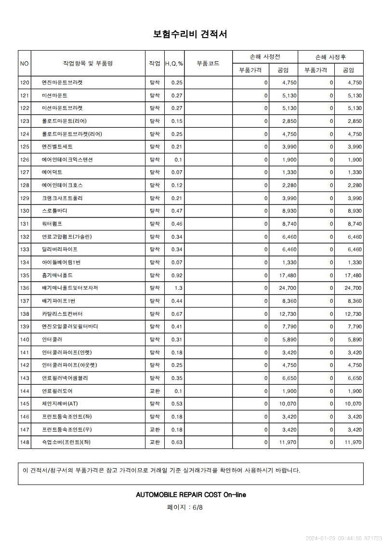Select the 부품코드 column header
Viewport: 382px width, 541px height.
coord(208,63)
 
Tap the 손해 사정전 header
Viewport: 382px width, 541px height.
coord(265,57)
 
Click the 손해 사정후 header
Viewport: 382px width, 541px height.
coord(330,57)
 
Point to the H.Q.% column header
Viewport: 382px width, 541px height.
coord(174,64)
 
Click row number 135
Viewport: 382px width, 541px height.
coord(25,275)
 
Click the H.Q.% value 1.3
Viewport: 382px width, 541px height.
coord(179,288)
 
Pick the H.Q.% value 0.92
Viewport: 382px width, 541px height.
coord(177,275)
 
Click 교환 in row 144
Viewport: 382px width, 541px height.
coord(155,391)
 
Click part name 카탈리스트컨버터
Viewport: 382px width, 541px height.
coord(62,314)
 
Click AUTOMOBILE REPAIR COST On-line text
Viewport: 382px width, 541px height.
coord(191,495)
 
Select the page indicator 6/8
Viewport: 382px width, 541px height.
coord(198,507)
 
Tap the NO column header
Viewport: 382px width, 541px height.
coord(25,63)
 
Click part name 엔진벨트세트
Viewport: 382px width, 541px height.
coord(57,147)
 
